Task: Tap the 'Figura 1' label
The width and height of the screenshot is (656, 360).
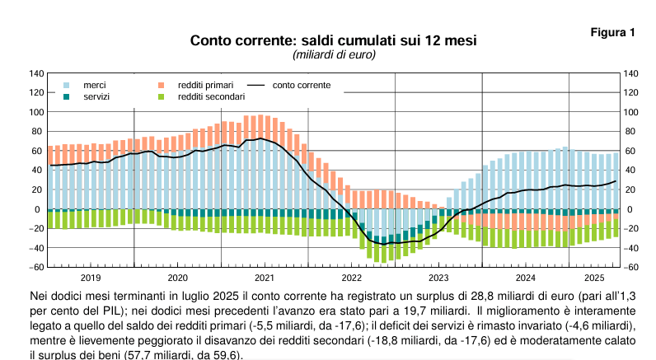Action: click(x=614, y=33)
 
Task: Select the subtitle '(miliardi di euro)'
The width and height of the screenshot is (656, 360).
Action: click(x=334, y=55)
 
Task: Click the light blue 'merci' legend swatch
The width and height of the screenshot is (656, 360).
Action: click(x=68, y=85)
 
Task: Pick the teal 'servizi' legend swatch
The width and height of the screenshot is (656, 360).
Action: click(x=68, y=96)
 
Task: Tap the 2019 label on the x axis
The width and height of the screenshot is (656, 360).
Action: click(x=91, y=278)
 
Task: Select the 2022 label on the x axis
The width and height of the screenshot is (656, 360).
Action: click(x=352, y=278)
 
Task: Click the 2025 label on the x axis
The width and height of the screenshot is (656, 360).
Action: click(x=593, y=278)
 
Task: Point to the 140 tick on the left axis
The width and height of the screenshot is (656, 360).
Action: click(x=36, y=73)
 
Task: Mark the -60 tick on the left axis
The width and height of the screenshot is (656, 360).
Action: click(x=36, y=267)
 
